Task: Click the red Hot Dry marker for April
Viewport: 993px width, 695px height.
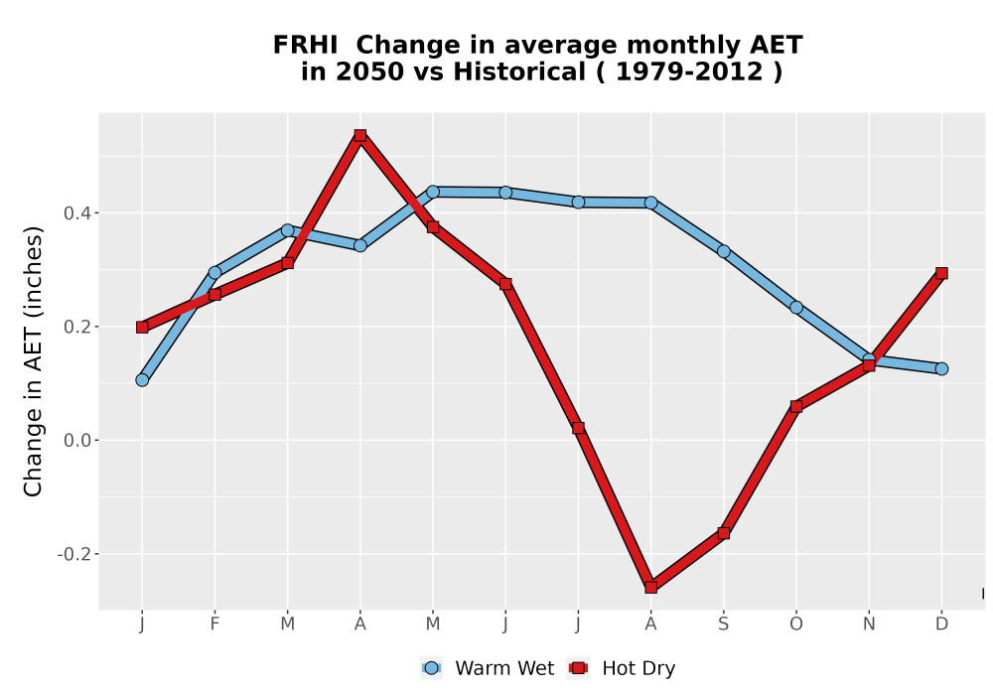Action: pos(360,135)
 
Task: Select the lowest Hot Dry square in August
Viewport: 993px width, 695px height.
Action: pos(651,587)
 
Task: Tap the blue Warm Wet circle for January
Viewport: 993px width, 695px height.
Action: pos(142,380)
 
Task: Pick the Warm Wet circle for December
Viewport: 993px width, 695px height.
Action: pos(941,368)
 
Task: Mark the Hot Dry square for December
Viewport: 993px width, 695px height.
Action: pos(941,273)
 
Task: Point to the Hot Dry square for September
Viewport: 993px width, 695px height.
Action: pos(724,533)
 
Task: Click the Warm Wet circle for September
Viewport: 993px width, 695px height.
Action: pos(724,251)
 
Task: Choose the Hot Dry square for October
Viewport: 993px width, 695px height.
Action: pos(796,406)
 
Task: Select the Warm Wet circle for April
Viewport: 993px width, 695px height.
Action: pos(360,245)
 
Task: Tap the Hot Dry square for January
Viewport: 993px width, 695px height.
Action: pos(142,327)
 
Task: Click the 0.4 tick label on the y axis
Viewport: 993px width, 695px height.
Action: pos(76,213)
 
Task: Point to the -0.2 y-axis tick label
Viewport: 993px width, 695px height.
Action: pos(73,554)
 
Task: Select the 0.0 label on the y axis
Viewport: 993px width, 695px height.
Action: pos(76,441)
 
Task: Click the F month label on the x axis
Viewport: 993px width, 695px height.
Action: pos(214,625)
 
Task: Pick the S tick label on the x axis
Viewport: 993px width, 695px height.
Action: pos(724,625)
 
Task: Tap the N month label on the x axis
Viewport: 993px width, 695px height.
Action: pos(869,625)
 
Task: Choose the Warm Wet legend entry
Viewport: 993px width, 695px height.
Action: pos(488,668)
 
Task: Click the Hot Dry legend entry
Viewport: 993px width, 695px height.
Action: pos(623,668)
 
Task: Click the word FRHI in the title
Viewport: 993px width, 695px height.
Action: pos(305,46)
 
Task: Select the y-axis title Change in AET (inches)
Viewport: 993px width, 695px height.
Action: pos(33,361)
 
